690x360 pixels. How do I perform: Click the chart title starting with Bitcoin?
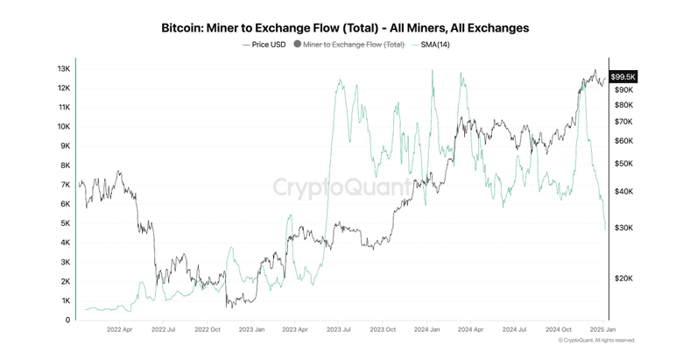[345, 28]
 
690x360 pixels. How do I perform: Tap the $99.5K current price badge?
[623, 77]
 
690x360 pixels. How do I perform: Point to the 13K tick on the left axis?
[64, 68]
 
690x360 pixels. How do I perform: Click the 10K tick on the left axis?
[64, 126]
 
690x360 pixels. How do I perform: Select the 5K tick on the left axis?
[66, 223]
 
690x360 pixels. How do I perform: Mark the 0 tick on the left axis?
[67, 320]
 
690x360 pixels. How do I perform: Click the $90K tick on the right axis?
[623, 90]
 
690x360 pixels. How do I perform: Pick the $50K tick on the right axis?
[623, 164]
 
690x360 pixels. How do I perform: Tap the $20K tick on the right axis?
[623, 279]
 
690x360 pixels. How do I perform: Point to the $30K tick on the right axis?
[623, 228]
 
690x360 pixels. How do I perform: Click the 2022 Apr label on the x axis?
[119, 331]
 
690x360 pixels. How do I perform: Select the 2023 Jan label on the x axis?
[253, 331]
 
